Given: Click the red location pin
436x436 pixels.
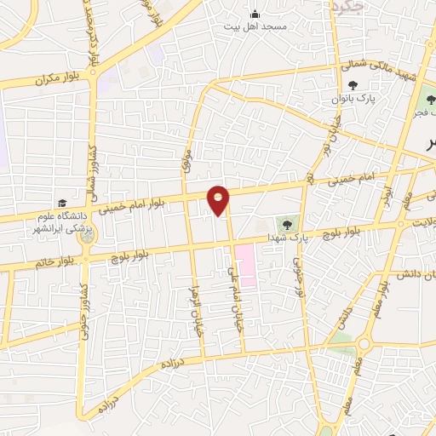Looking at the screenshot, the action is (x=219, y=199).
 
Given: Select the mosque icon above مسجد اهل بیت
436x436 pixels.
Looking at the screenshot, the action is (x=255, y=13).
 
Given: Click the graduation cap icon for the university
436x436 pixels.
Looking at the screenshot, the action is (x=61, y=204).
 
